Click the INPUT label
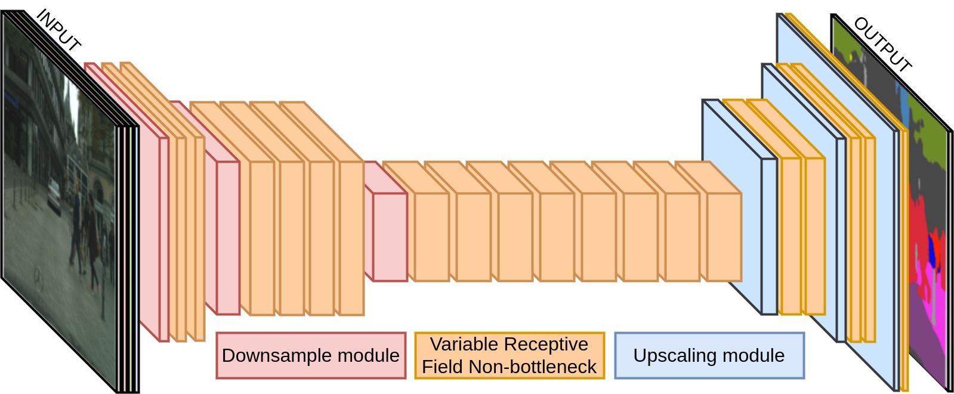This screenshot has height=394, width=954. (58, 30)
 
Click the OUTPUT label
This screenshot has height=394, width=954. (882, 45)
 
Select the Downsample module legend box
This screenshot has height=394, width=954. (311, 356)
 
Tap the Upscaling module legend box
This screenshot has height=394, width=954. (709, 356)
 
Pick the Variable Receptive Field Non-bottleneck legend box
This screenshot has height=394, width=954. (509, 356)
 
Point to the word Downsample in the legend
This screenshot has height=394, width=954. (271, 356)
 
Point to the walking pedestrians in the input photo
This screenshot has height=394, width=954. (84, 232)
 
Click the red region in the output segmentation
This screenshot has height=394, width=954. (922, 227)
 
